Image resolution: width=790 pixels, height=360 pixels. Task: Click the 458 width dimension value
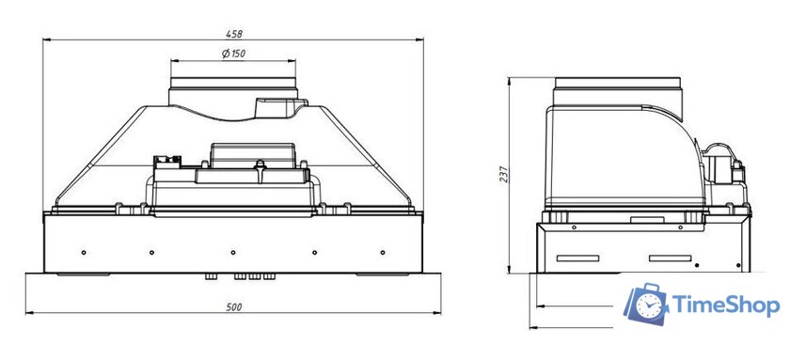(234, 34)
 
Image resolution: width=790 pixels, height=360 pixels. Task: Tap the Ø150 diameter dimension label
(234, 54)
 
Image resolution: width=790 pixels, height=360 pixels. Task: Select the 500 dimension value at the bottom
(234, 307)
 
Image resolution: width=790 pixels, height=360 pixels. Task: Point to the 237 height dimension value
(504, 175)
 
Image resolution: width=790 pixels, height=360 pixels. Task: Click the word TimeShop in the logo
(726, 305)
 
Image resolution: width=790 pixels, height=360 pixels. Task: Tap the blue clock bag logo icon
(647, 304)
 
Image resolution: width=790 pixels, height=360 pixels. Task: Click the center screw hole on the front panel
(233, 252)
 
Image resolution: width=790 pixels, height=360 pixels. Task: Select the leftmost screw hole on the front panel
(84, 252)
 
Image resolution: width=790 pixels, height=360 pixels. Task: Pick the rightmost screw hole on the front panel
(383, 252)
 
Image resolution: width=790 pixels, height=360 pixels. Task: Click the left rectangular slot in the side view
(577, 258)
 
